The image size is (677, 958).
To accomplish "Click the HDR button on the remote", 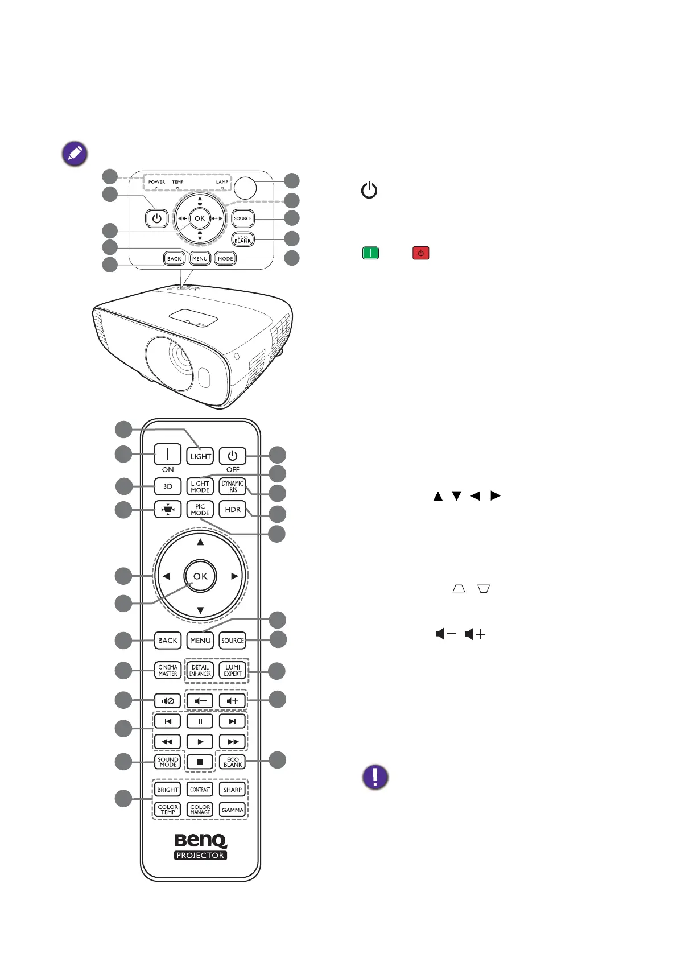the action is point(233,509).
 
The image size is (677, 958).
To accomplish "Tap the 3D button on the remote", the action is point(168,486).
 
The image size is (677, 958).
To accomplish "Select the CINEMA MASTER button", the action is point(168,670).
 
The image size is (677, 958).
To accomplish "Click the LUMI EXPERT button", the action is point(233,670).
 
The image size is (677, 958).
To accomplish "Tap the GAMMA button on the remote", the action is point(233,810).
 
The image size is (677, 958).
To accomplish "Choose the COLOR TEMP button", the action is point(168,810).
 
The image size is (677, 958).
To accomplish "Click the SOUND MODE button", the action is point(168,762).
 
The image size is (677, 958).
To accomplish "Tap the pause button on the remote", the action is point(200,721).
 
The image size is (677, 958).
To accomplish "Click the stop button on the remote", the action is point(200,762).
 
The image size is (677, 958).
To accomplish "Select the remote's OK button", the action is point(200,576).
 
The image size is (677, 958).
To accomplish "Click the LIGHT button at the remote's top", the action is point(200,456).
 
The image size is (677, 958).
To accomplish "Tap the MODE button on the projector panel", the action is point(226,258).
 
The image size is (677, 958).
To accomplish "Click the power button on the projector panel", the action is point(157,218).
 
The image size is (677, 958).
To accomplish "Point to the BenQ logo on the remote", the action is point(200,840).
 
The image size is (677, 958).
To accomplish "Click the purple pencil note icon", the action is point(75,154).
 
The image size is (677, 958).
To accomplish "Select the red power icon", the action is point(420,253).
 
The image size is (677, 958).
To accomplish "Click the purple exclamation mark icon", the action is point(375,777).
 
